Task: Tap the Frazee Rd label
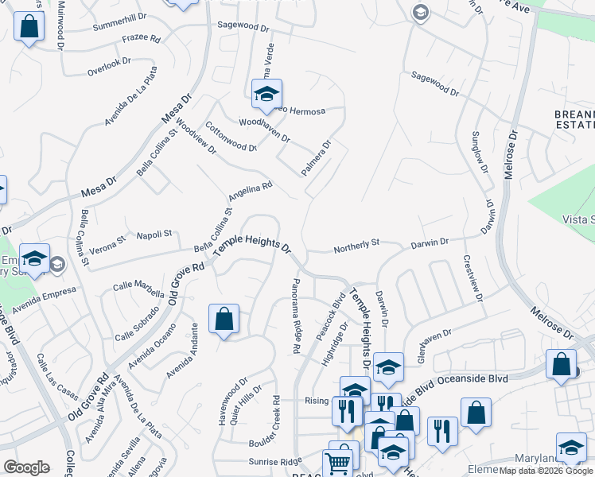click(x=141, y=39)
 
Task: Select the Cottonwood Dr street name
click(x=231, y=137)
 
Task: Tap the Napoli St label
click(x=155, y=234)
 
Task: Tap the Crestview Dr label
click(x=474, y=278)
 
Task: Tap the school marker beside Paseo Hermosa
click(x=267, y=95)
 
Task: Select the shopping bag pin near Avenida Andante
click(x=224, y=320)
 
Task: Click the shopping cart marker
click(x=337, y=462)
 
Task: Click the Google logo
click(x=26, y=467)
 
